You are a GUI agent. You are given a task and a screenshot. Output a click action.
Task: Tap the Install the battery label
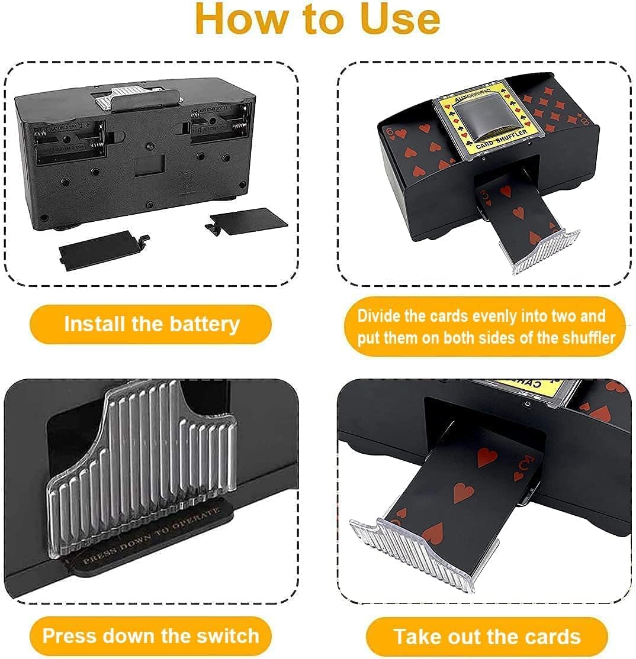[152, 324]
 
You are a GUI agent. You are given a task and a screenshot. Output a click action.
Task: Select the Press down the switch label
[151, 636]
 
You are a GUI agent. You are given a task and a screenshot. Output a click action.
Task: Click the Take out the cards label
[487, 637]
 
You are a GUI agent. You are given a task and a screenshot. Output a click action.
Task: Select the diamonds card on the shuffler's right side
[554, 112]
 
